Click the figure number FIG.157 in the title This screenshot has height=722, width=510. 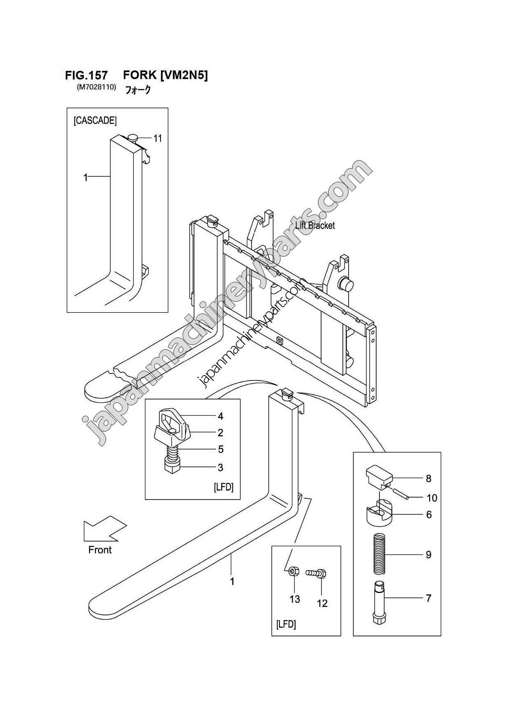[86, 75]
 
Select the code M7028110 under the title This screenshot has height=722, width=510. [96, 87]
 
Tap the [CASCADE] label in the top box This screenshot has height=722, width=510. [95, 121]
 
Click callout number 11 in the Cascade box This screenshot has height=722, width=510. [158, 138]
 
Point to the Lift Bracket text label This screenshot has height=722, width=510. [315, 225]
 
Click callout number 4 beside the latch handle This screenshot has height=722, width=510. [221, 416]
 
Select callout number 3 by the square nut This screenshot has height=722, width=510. [221, 467]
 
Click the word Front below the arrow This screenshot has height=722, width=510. [100, 550]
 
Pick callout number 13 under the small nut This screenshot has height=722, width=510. [295, 599]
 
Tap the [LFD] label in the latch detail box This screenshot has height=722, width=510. [224, 487]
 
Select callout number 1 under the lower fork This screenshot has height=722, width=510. [232, 582]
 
